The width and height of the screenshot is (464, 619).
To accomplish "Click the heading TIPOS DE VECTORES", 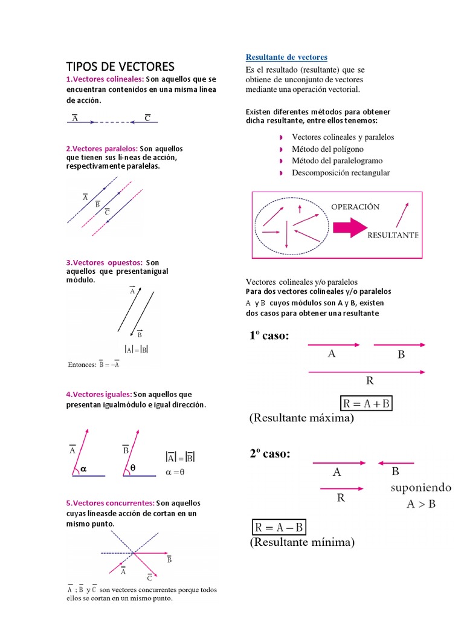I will [120, 66].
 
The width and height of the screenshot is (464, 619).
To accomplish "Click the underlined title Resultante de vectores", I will [286, 57].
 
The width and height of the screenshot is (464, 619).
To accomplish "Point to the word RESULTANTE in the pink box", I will [393, 235].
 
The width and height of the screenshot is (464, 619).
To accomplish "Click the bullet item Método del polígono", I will [327, 149].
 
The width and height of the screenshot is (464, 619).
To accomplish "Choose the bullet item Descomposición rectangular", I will [340, 173].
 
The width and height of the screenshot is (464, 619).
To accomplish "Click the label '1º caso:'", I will [269, 336].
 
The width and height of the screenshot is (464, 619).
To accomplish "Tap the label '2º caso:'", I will [269, 455].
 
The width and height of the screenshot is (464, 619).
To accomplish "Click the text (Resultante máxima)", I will [301, 418].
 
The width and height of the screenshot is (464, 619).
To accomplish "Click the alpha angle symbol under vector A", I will [83, 468].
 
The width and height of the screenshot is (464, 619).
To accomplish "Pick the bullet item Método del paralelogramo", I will [337, 161].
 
